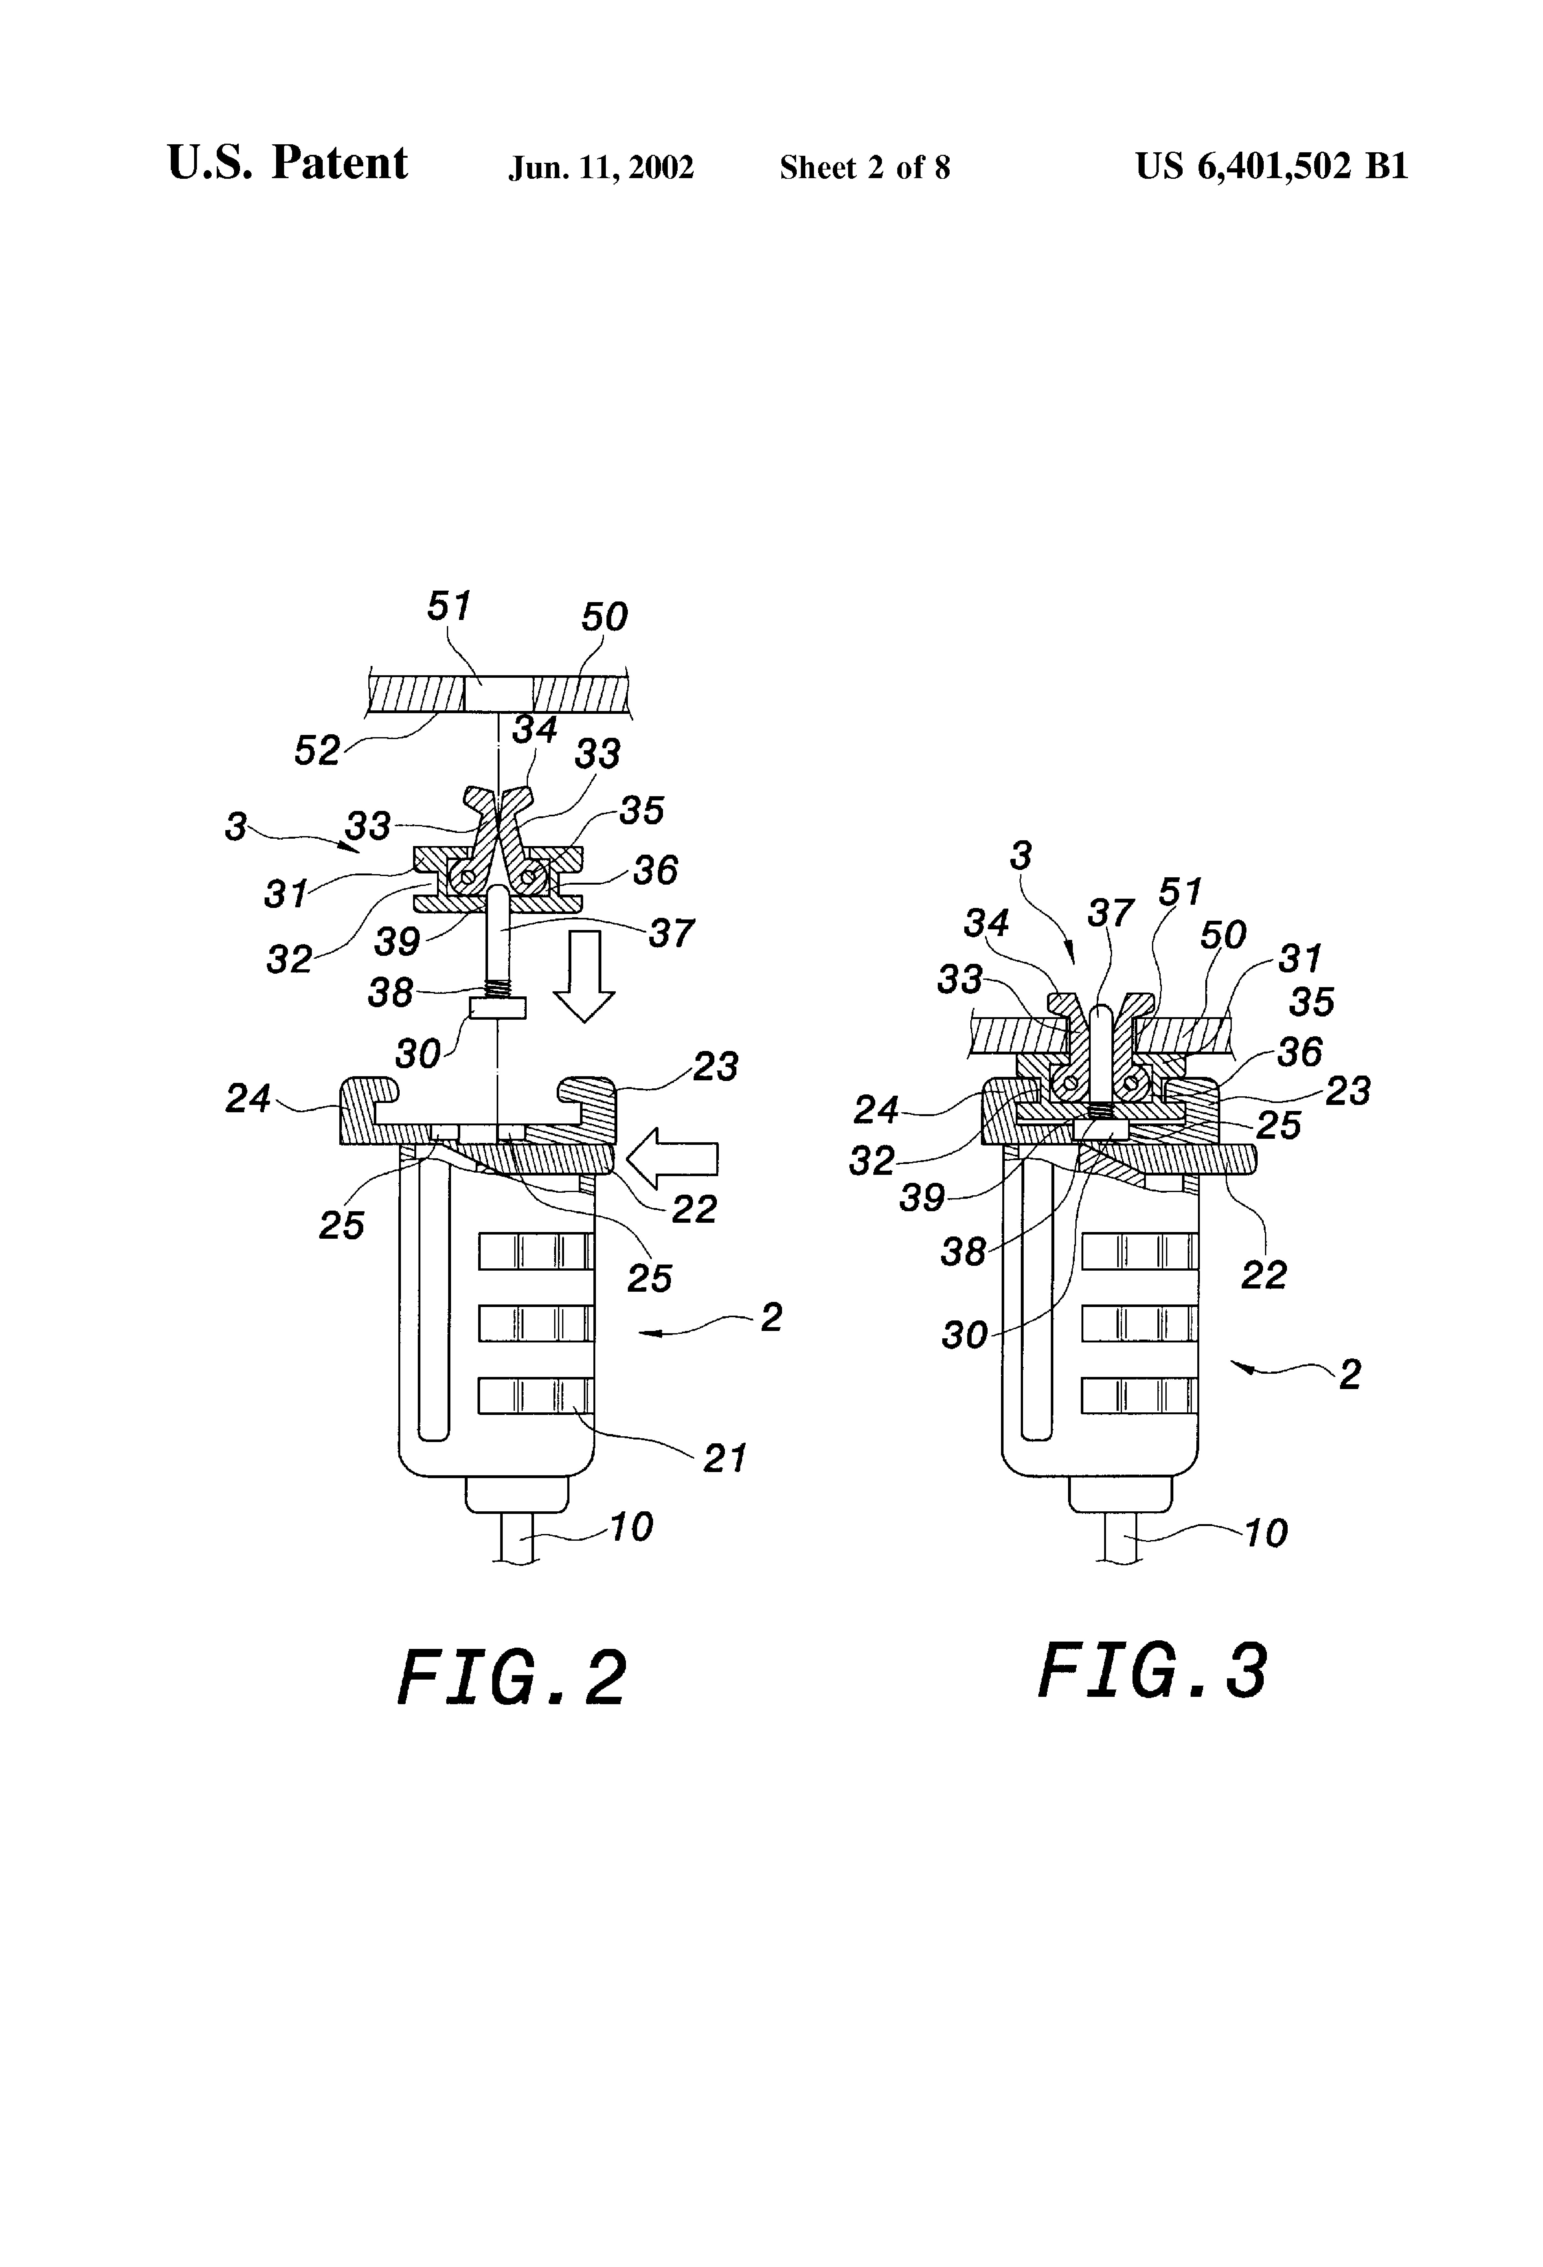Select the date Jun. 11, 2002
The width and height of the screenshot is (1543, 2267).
[x=601, y=168]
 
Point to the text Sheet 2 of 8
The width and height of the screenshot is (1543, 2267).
[x=864, y=168]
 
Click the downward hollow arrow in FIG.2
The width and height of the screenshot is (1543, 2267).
[x=583, y=976]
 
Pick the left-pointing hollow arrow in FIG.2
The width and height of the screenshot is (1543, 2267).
[x=672, y=1158]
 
